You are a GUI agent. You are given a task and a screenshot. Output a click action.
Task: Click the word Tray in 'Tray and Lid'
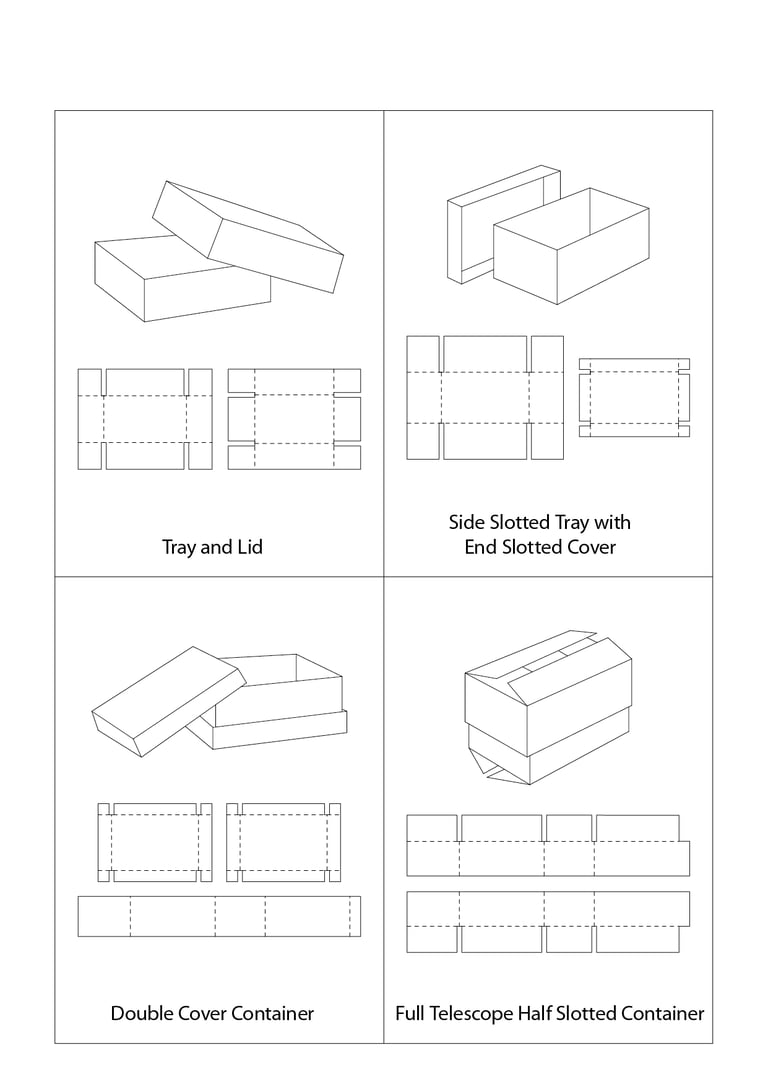179,547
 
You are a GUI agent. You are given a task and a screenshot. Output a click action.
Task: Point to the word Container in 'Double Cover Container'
272,1013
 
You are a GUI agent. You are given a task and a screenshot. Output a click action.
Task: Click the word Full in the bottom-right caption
410,1013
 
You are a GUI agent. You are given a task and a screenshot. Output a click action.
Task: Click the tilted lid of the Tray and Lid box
248,236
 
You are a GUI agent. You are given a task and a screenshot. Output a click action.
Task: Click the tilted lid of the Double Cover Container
168,701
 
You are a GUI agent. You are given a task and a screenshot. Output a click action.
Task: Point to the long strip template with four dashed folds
219,916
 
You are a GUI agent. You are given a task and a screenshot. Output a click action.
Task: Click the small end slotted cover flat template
634,397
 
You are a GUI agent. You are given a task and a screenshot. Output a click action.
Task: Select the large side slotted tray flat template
485,397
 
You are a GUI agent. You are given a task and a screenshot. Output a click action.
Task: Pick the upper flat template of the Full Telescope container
548,845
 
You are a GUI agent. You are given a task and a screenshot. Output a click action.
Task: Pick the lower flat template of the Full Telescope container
548,921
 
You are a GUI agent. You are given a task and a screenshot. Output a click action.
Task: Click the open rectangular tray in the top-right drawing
571,246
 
